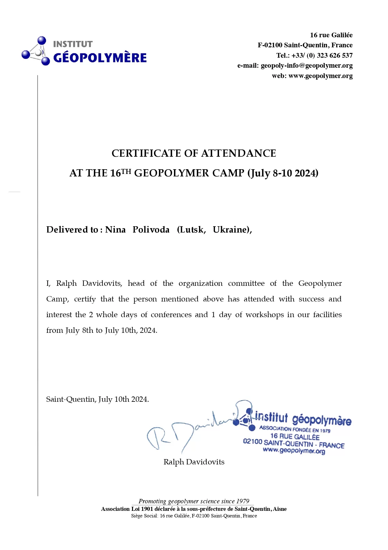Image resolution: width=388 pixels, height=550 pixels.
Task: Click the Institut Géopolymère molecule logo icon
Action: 36,51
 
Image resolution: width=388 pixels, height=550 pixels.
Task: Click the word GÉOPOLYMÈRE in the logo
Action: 100,58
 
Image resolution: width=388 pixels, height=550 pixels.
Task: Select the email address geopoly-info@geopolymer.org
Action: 307,65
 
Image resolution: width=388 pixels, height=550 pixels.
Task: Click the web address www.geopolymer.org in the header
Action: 320,76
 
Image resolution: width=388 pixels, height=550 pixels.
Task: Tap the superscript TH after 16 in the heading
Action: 126,171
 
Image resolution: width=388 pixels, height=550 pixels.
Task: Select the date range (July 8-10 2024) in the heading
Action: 283,173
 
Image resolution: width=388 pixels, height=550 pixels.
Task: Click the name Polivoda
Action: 151,230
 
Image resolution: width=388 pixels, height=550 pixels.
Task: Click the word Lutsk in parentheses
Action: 191,230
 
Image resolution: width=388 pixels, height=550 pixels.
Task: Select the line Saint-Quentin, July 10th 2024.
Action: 97,399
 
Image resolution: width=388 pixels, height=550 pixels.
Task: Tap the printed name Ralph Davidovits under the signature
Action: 194,462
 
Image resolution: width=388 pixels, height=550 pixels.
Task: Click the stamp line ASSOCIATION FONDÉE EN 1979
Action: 295,429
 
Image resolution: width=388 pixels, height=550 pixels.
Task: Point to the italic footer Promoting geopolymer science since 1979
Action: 194,501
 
